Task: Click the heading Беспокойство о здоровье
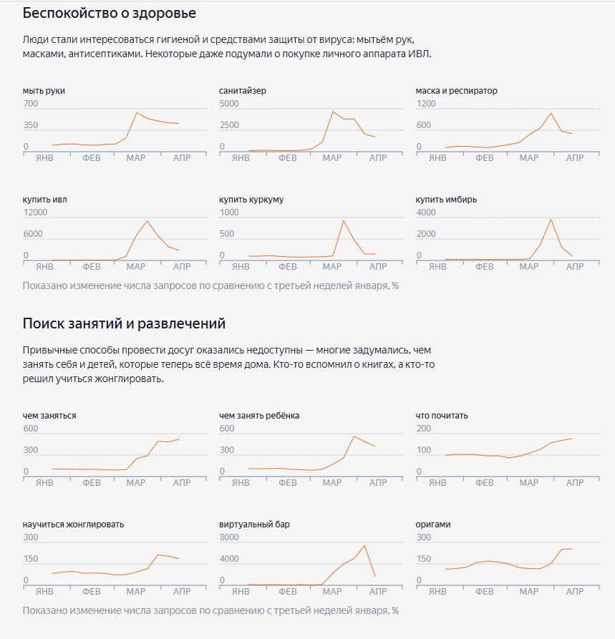(110, 13)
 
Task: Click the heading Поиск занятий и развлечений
(124, 323)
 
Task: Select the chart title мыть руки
(49, 91)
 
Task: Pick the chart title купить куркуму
(251, 200)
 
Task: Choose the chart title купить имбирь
(446, 200)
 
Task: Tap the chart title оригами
(433, 525)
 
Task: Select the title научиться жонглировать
(73, 525)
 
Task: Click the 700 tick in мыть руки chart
(30, 104)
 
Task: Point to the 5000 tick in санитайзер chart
(229, 104)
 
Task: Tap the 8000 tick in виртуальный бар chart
(229, 537)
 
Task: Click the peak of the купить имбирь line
(551, 219)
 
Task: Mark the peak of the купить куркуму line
(344, 220)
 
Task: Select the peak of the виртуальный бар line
(365, 545)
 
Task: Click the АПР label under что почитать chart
(575, 483)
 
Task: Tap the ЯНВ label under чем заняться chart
(44, 483)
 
